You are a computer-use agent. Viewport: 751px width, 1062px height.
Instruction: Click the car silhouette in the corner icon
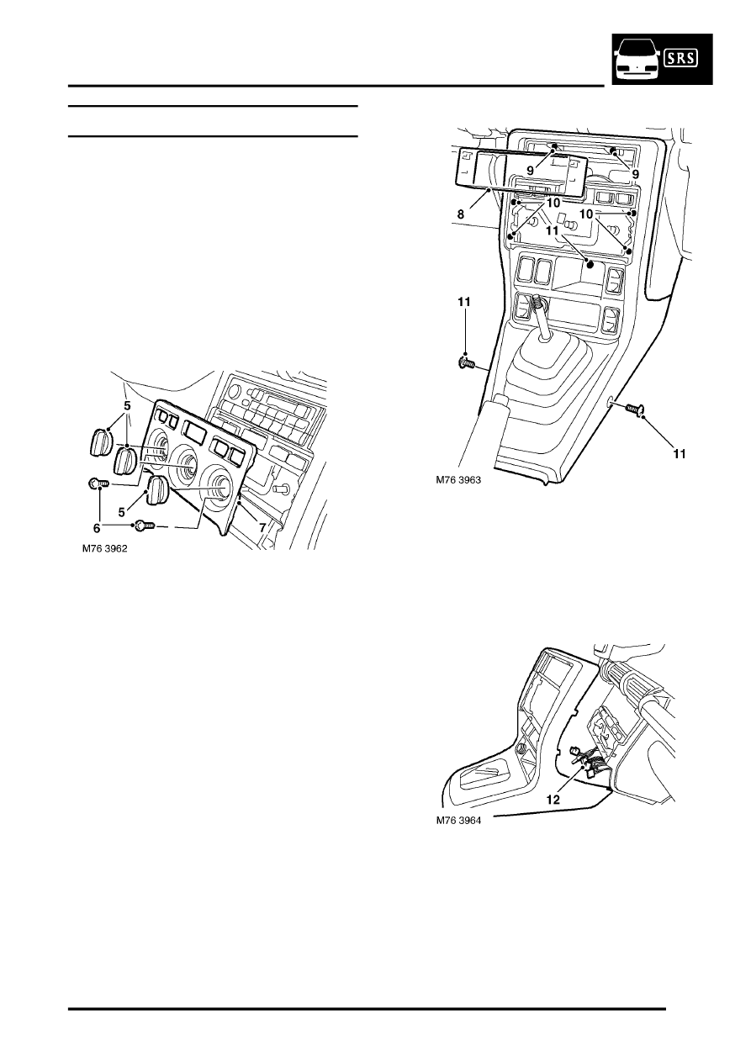click(x=637, y=59)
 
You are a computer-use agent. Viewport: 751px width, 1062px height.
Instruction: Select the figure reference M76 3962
click(x=105, y=549)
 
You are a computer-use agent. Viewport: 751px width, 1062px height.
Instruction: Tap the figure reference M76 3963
click(x=458, y=480)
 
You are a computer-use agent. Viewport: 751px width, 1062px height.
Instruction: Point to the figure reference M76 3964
click(x=458, y=820)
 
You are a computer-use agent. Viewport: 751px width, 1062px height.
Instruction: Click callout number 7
click(x=262, y=527)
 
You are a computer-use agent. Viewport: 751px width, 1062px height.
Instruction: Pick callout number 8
click(x=461, y=214)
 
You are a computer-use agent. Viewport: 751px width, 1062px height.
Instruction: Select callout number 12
click(x=553, y=800)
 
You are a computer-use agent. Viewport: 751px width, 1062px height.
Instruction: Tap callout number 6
click(x=97, y=527)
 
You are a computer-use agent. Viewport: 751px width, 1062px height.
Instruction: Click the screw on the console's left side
click(x=467, y=364)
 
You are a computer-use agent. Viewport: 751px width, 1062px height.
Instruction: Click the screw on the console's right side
click(x=635, y=407)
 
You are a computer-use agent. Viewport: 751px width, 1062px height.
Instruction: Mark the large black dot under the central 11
click(x=590, y=264)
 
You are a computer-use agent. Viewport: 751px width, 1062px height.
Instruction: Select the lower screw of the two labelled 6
click(x=142, y=525)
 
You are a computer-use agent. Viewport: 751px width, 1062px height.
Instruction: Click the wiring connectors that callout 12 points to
click(x=587, y=763)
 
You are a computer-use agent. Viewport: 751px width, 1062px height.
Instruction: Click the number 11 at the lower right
click(x=680, y=454)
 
